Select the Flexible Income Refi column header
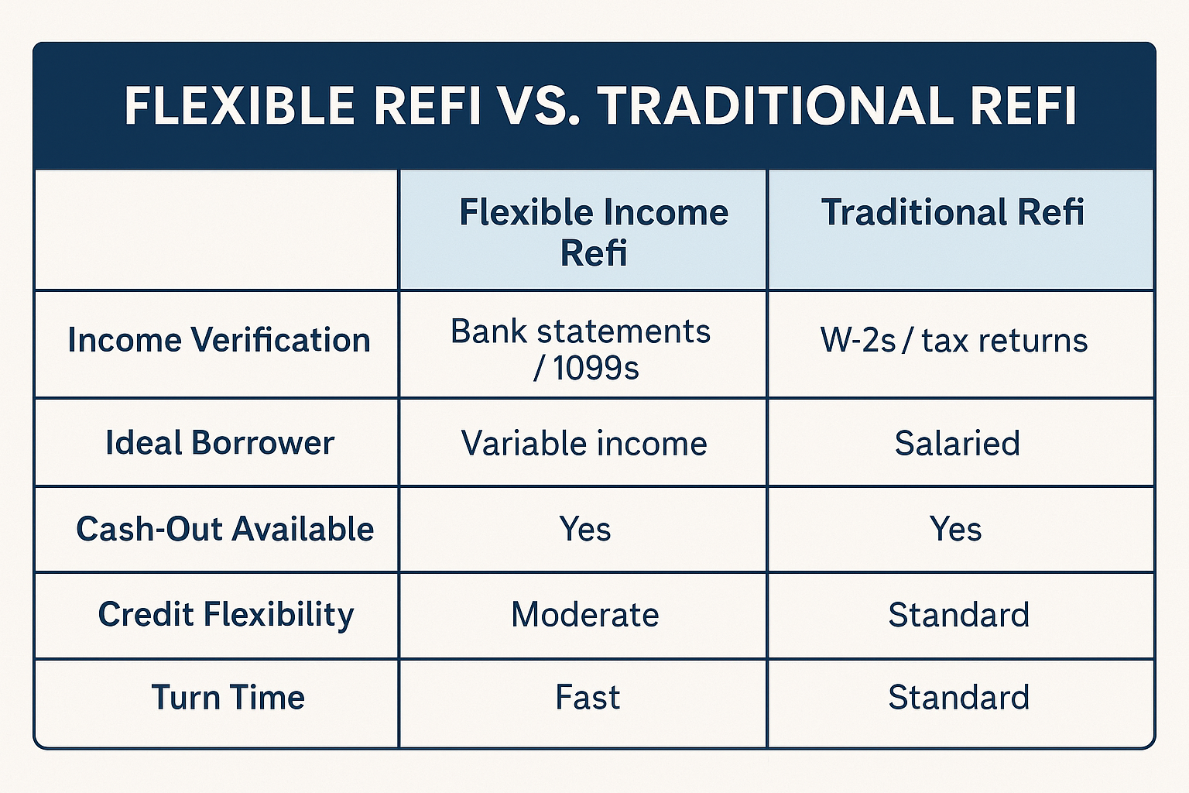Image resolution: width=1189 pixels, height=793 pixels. pyautogui.click(x=594, y=232)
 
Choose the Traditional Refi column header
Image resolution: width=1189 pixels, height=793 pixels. pyautogui.click(x=952, y=212)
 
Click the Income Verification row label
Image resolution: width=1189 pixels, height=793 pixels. pyautogui.click(x=219, y=340)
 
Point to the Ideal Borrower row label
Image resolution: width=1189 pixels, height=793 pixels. pyautogui.click(x=220, y=442)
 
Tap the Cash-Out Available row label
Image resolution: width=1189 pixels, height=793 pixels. pyautogui.click(x=225, y=529)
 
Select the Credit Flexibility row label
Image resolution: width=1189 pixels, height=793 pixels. pyautogui.click(x=226, y=615)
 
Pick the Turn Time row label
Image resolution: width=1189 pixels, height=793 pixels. pyautogui.click(x=228, y=697)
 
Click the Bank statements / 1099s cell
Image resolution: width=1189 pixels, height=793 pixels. pyautogui.click(x=581, y=349)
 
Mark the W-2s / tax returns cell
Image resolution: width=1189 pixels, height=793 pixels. pyautogui.click(x=954, y=340)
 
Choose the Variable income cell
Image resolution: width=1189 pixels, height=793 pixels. pyautogui.click(x=584, y=443)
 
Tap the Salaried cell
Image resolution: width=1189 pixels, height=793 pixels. pyautogui.click(x=958, y=443)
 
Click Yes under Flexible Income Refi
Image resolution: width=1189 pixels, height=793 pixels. pyautogui.click(x=585, y=529)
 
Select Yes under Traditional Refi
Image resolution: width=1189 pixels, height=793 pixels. pyautogui.click(x=955, y=529)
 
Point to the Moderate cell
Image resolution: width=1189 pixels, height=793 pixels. pyautogui.click(x=585, y=615)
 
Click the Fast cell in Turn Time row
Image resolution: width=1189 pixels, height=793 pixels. pyautogui.click(x=588, y=697)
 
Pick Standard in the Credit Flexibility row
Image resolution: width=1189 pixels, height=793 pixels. pyautogui.click(x=958, y=615)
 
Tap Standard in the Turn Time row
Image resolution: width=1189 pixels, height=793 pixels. pyautogui.click(x=958, y=697)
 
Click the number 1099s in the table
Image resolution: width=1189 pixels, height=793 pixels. pyautogui.click(x=596, y=368)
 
